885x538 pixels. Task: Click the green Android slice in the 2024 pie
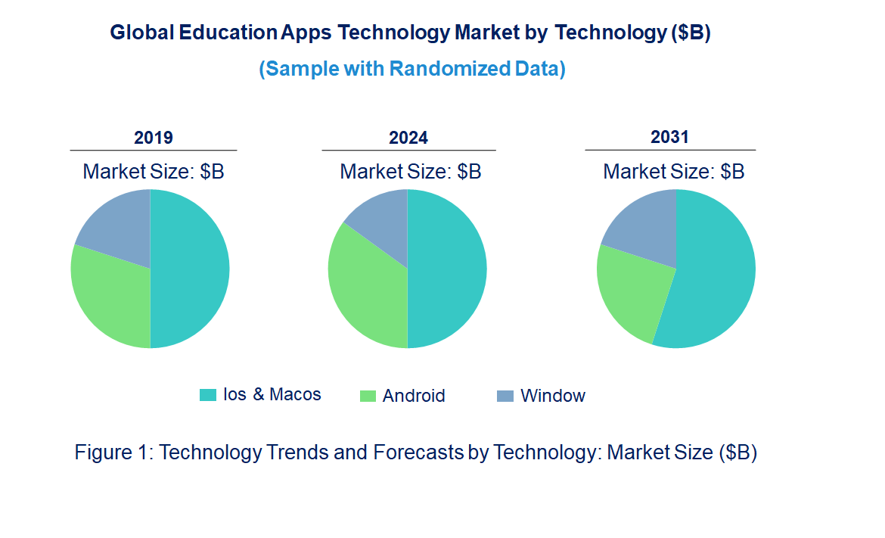[367, 291]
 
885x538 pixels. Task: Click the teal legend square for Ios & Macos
[207, 395]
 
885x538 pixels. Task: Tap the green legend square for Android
[367, 396]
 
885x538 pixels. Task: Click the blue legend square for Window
[505, 396]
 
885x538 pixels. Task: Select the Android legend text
[414, 396]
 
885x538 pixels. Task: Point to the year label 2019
[154, 138]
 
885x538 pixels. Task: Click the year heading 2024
[408, 138]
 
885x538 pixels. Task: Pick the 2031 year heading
[669, 137]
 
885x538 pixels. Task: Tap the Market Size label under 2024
[411, 171]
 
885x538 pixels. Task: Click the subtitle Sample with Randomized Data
[412, 69]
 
